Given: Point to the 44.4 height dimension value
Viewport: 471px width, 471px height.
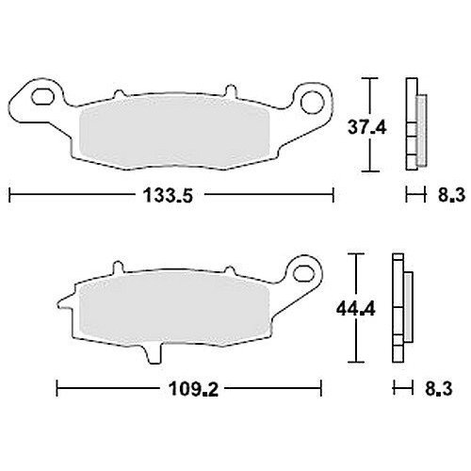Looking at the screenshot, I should point(355,309).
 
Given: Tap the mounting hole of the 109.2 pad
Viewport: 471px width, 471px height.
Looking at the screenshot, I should point(302,272).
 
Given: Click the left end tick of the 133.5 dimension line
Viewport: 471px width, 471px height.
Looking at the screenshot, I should point(9,196).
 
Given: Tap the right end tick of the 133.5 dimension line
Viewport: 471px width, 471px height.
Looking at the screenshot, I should point(334,196).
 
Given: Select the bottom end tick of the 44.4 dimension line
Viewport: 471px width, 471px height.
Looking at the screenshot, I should point(355,364).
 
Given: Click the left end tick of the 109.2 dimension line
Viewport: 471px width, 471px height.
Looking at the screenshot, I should point(57,387).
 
